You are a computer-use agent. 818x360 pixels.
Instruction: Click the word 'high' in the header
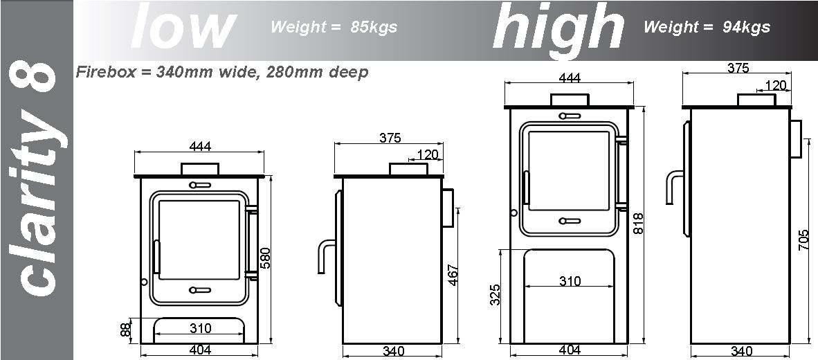tap(558, 26)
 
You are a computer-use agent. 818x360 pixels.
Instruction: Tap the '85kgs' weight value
tap(374, 26)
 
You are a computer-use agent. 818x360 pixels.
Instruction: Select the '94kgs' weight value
tap(746, 26)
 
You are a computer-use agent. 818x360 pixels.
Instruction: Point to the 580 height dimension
tap(265, 258)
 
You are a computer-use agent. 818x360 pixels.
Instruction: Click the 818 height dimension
tap(638, 224)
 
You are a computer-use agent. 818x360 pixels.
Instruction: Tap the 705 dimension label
tap(803, 240)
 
